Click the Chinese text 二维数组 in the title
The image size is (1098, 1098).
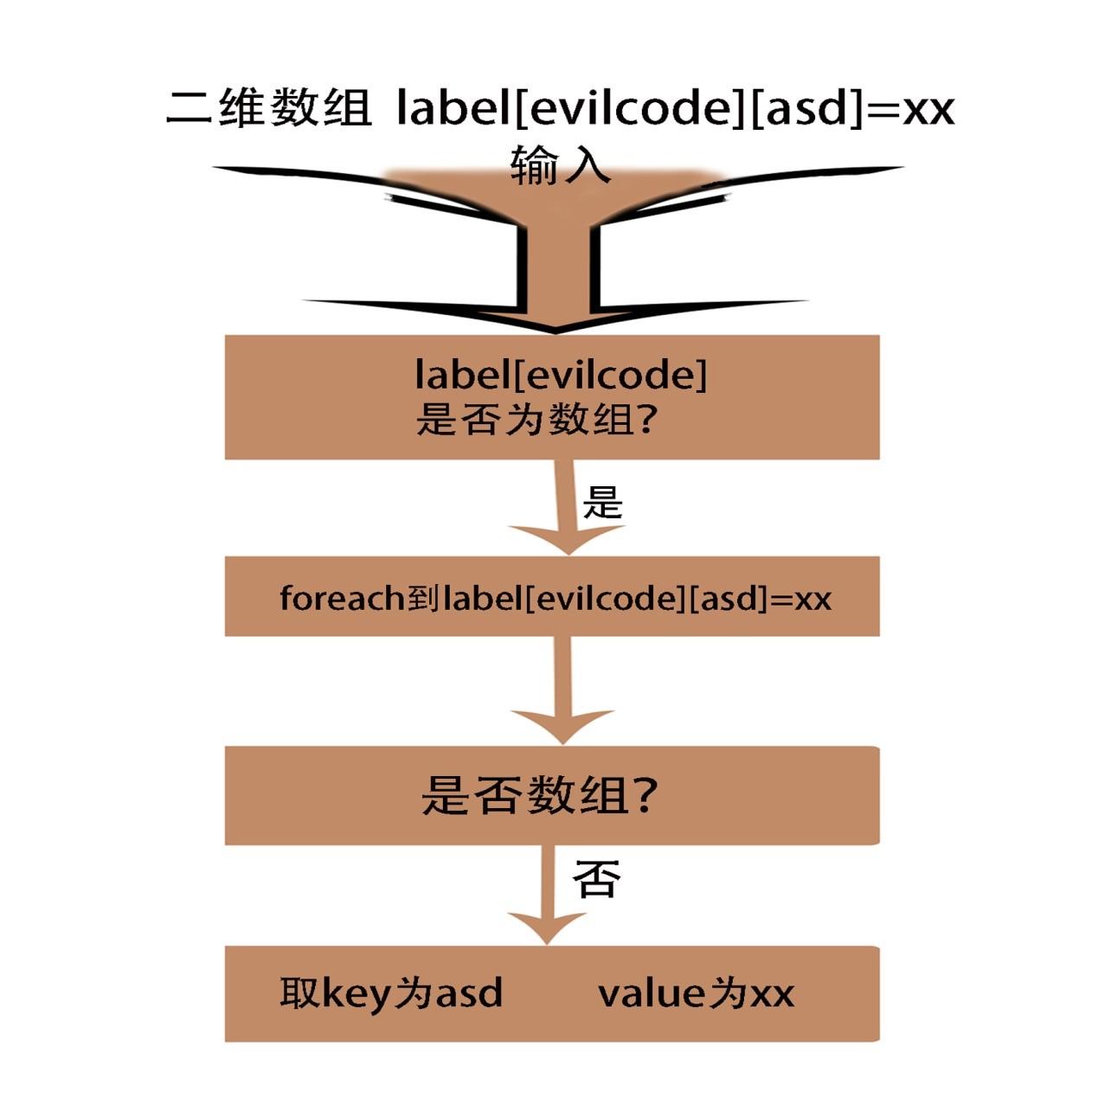[x=269, y=109]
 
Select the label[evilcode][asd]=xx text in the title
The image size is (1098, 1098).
[x=675, y=109]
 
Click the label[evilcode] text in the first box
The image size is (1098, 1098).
[x=560, y=376]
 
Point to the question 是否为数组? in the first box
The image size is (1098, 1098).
[x=537, y=421]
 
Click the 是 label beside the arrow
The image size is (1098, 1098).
[x=602, y=502]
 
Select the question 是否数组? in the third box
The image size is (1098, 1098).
[x=540, y=794]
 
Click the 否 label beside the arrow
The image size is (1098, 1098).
[x=597, y=880]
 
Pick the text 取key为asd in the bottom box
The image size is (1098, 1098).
[x=391, y=993]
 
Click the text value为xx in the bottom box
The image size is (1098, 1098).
[x=696, y=993]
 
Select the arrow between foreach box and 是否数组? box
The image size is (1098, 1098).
[x=563, y=692]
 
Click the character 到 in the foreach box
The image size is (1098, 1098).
[x=423, y=598]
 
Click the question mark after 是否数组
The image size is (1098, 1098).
[x=644, y=794]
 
